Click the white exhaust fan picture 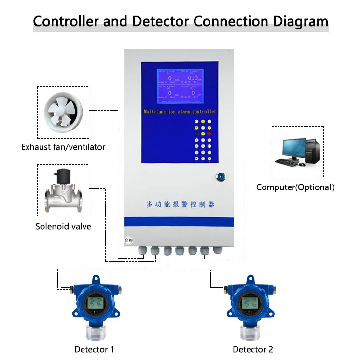(63, 113)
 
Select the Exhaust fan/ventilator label (63, 147)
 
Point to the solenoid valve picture (63, 191)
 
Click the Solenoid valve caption (63, 226)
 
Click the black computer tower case (311, 149)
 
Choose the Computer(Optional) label (295, 187)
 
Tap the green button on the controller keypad (196, 133)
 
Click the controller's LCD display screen (179, 86)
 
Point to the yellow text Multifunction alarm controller (180, 112)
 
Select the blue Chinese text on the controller (180, 204)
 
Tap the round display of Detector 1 (94, 303)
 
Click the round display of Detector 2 (250, 303)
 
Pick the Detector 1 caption (94, 349)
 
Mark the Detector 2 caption (253, 349)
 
